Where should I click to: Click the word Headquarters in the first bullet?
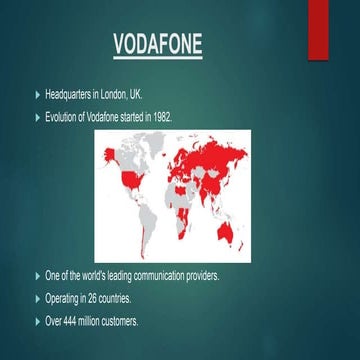click(70, 95)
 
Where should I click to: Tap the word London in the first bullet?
click(117, 95)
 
